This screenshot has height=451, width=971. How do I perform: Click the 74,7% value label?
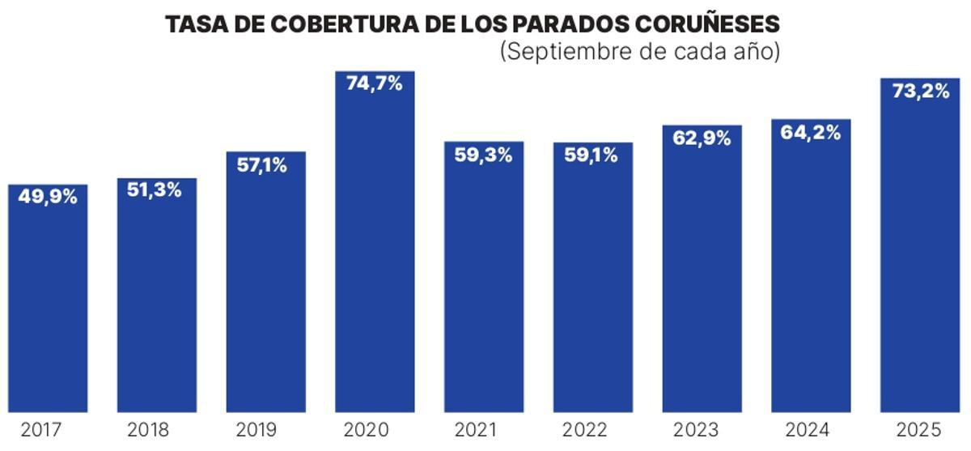point(375,83)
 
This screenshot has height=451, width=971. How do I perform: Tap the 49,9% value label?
point(48,197)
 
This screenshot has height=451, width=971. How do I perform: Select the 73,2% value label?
point(920,91)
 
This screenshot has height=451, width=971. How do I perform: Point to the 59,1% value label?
point(592,155)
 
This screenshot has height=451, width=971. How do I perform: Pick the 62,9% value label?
point(702,138)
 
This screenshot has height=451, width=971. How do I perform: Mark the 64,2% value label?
point(811,133)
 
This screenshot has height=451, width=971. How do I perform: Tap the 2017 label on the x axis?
point(41,430)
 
